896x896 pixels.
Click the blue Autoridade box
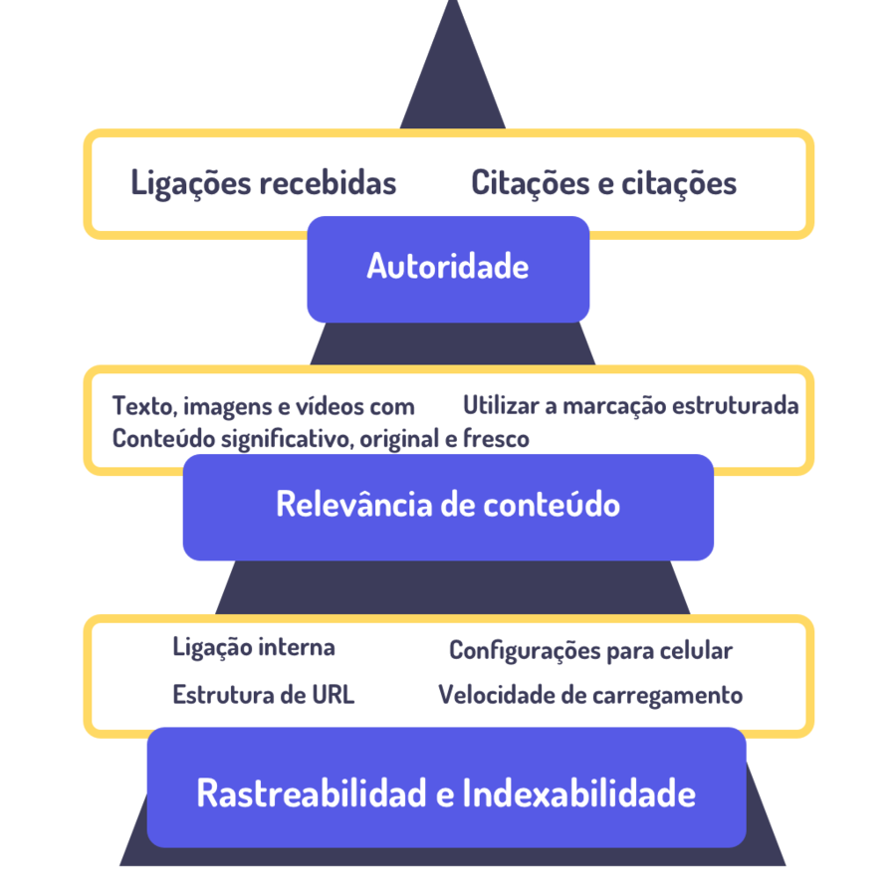(x=448, y=268)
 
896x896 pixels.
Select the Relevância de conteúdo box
(x=448, y=506)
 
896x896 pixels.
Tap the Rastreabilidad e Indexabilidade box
(x=446, y=793)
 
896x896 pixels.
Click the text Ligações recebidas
(x=264, y=184)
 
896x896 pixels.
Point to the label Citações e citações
(x=604, y=184)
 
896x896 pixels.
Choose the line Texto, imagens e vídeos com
(x=263, y=406)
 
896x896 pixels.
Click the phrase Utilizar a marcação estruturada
(x=630, y=406)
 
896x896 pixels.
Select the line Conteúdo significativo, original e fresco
(x=321, y=439)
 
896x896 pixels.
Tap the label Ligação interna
(x=254, y=648)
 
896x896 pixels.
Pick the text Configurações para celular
(x=590, y=651)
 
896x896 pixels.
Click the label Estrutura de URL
(x=263, y=695)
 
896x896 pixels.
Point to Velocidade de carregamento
(x=590, y=695)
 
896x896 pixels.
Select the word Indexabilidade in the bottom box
(x=579, y=793)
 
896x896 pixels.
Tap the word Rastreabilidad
(x=313, y=793)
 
